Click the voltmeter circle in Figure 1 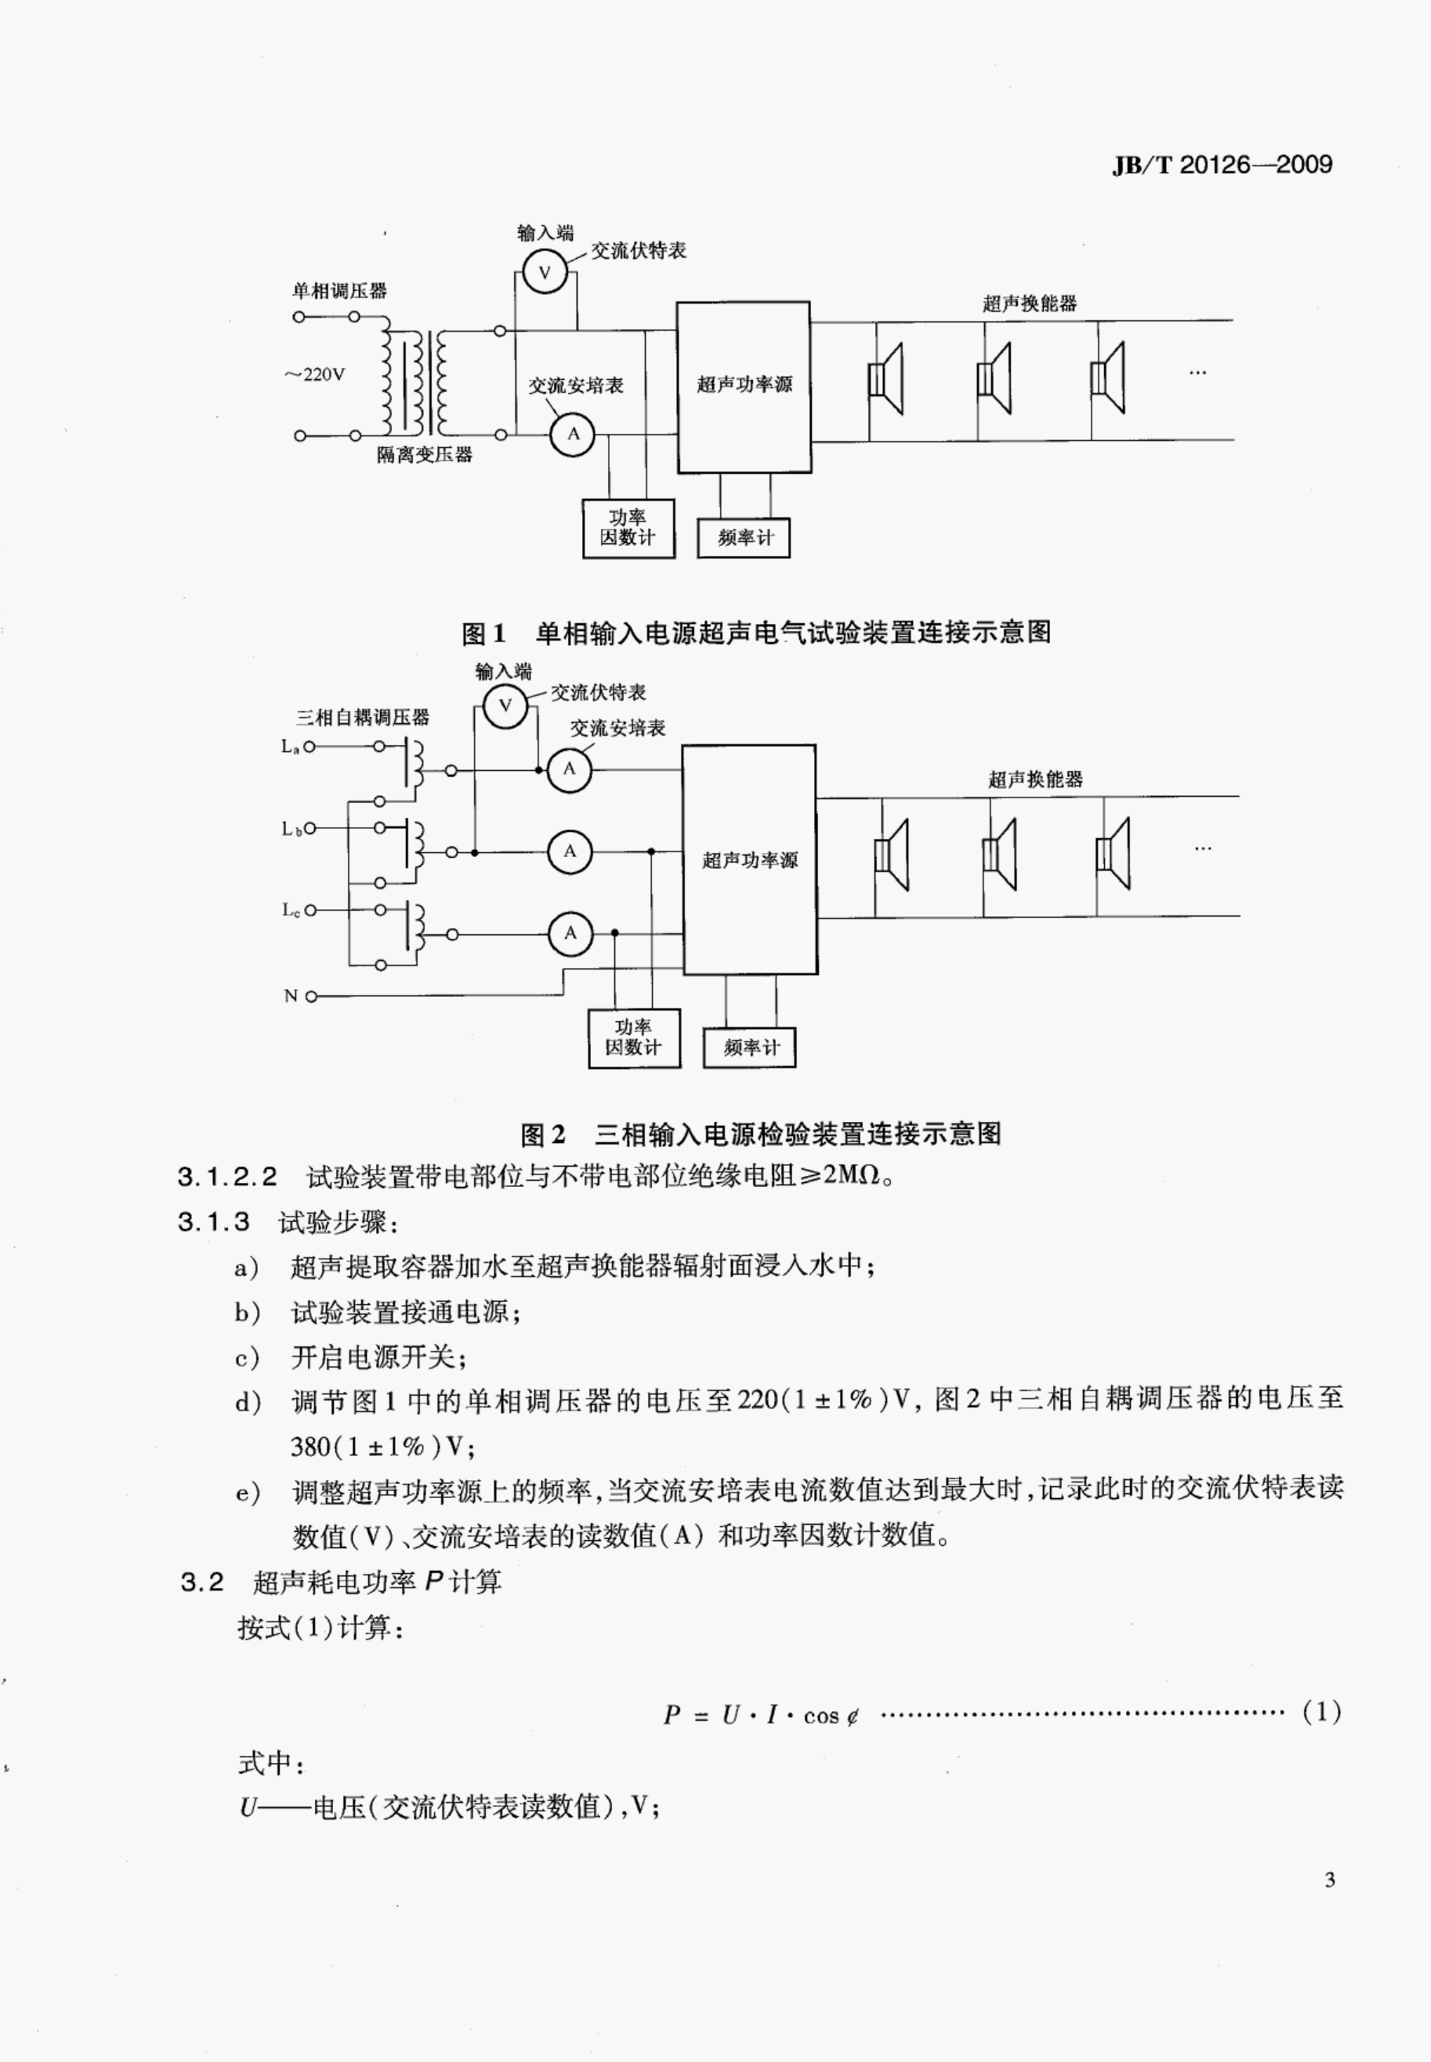[544, 273]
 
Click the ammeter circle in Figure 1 [573, 435]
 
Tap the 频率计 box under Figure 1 [743, 538]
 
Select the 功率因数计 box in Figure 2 [634, 1038]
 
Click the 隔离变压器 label [424, 454]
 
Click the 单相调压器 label [339, 290]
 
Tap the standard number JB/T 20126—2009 [1222, 165]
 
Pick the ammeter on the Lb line [570, 851]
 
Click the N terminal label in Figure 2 [290, 995]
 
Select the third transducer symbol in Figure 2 [1112, 854]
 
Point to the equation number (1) [1322, 1712]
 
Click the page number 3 [1330, 1880]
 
